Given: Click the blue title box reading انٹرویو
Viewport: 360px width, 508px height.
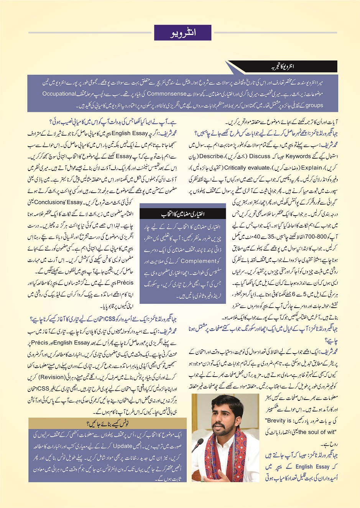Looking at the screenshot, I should pyautogui.click(x=182, y=33).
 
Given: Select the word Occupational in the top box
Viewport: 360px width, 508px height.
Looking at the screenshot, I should pyautogui.click(x=59, y=94).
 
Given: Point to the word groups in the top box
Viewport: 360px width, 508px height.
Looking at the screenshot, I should pyautogui.click(x=314, y=105).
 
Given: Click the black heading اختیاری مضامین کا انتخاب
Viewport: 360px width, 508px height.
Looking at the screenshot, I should pyautogui.click(x=182, y=214).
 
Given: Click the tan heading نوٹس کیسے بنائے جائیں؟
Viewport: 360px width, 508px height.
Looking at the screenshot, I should pyautogui.click(x=107, y=424).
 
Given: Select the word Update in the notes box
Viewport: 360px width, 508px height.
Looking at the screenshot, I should pyautogui.click(x=123, y=446).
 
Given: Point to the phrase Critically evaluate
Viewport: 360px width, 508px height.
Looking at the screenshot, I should pyautogui.click(x=247, y=167).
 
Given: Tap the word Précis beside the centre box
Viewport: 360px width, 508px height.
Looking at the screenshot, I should pyautogui.click(x=125, y=283).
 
